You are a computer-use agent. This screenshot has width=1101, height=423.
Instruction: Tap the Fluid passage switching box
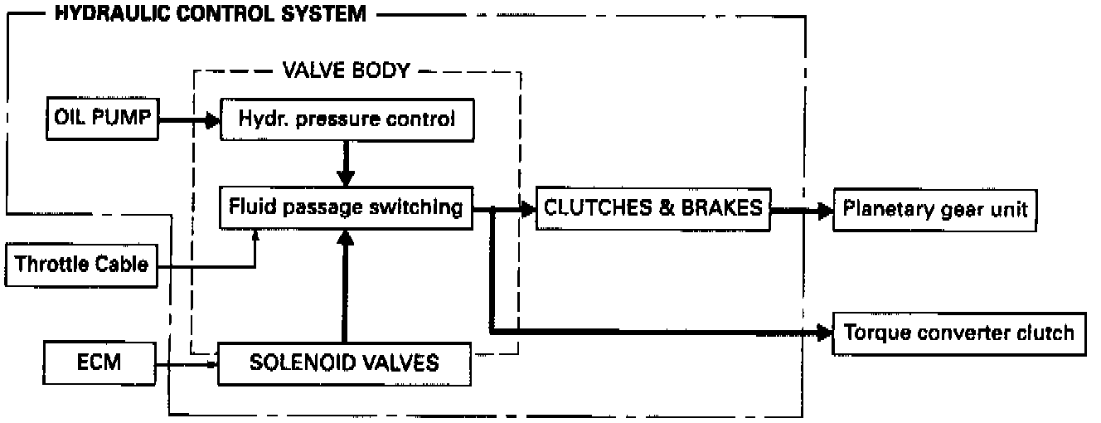point(346,207)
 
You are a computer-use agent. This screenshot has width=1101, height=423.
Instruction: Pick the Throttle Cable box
point(82,265)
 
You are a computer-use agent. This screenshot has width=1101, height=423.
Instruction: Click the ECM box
point(99,362)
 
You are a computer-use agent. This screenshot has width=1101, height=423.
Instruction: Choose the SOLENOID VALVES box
point(345,362)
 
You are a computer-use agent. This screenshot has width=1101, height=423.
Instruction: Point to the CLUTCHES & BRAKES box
point(652,207)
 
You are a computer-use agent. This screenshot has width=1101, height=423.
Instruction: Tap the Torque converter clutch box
point(958,333)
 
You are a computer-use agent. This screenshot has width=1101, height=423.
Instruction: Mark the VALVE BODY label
point(347,70)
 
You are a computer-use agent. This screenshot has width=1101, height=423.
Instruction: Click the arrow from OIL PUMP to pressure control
point(187,119)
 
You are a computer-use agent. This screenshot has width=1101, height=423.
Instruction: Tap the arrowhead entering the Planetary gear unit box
point(824,211)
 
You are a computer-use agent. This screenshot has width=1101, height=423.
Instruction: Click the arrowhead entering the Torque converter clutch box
point(824,333)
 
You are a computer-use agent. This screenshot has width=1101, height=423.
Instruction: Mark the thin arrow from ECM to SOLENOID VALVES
point(187,362)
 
